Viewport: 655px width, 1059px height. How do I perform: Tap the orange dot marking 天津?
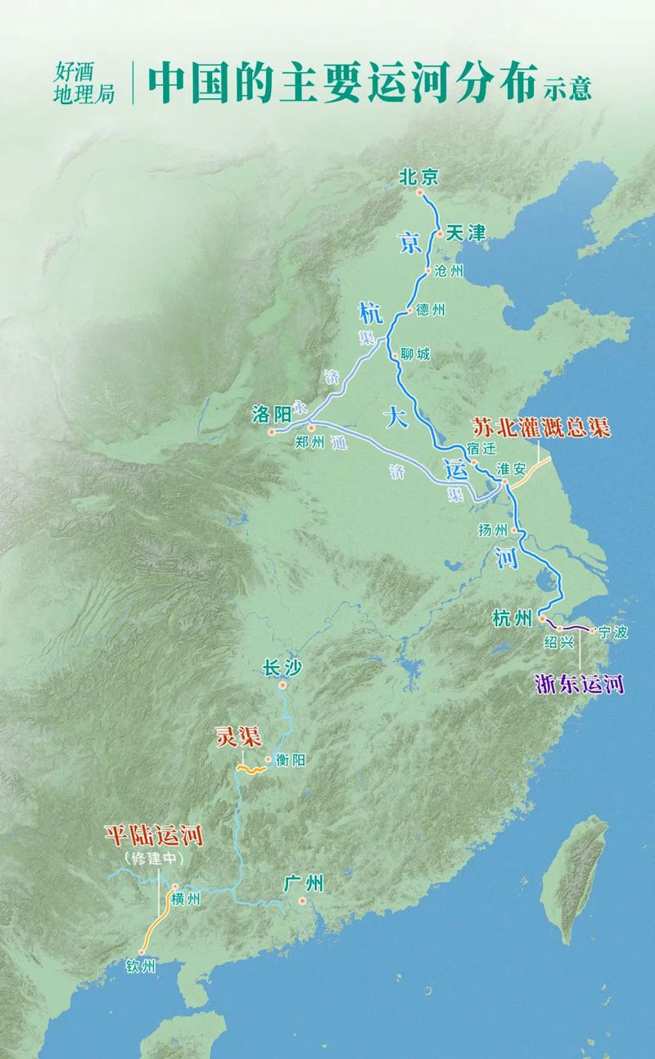tap(440, 234)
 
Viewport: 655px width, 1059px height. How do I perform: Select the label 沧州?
tap(449, 271)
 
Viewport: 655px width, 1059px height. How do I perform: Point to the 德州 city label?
tap(430, 310)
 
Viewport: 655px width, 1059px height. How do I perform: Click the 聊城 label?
tap(415, 356)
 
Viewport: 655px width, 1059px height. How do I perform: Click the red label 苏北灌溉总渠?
tap(541, 428)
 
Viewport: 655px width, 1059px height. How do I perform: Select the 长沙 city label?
tap(282, 668)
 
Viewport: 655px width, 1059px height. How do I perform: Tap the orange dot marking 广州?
tap(303, 901)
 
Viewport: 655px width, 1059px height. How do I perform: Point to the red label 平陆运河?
tap(153, 835)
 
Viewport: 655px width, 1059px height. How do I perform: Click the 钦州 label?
tap(141, 967)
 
